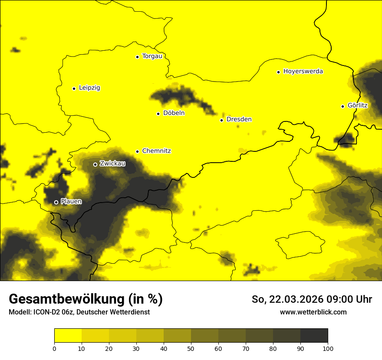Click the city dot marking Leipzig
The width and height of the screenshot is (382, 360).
[74, 88]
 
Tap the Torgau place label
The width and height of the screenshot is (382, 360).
[152, 56]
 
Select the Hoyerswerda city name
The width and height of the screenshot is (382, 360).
[303, 72]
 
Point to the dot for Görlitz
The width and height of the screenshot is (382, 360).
[342, 106]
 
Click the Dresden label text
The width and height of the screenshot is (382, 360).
[239, 119]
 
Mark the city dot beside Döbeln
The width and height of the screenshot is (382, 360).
[158, 114]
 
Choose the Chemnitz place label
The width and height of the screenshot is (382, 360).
[156, 151]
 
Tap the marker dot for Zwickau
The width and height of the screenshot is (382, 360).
[95, 164]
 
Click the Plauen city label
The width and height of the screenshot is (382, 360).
[71, 202]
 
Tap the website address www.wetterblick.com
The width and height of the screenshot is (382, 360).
[313, 312]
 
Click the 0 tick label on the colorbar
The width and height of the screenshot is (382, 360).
[54, 348]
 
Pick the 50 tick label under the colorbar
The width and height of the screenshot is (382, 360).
[191, 348]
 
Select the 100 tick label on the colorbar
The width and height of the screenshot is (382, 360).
[328, 348]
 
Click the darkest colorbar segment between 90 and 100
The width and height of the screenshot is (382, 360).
[314, 335]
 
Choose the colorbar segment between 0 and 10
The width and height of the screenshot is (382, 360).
[68, 335]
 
